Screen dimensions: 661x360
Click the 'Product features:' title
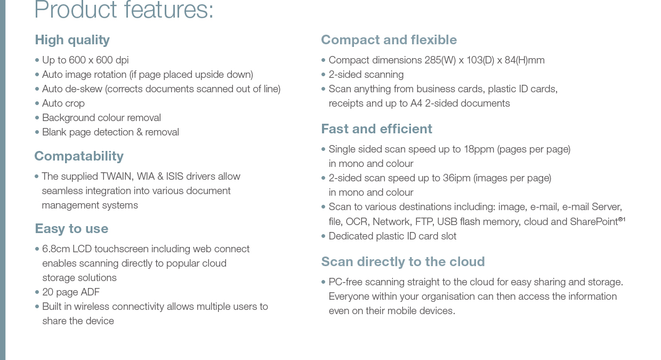124,10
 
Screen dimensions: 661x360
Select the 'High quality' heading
72,40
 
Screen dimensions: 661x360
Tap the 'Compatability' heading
79,156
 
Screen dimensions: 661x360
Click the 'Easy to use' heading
71,229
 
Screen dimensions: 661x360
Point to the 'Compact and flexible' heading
389,40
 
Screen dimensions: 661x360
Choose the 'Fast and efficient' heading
376,129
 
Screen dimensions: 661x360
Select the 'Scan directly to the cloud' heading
403,262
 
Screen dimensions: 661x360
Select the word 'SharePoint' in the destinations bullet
594,221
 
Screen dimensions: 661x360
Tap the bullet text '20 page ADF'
71,292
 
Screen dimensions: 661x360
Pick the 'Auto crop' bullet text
63,103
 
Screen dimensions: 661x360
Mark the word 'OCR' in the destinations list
356,221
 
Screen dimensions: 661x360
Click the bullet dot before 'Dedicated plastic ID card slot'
323,236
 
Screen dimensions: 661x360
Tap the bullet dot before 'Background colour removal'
37,118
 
